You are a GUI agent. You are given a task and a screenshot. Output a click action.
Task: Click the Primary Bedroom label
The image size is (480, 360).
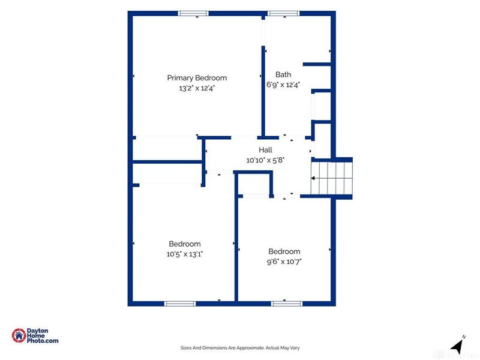(x=197, y=78)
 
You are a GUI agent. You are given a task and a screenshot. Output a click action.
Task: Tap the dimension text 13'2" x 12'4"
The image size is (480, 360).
(x=197, y=88)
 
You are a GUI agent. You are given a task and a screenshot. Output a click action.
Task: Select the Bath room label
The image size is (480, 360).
(x=283, y=74)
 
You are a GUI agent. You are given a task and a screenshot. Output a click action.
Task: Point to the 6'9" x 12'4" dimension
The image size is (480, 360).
(x=283, y=85)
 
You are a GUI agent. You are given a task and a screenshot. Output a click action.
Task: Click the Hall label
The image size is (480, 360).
(x=265, y=149)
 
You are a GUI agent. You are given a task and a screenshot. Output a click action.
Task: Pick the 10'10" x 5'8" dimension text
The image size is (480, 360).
(x=265, y=160)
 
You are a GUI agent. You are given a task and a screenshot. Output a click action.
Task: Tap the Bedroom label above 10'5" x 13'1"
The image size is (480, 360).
(x=185, y=244)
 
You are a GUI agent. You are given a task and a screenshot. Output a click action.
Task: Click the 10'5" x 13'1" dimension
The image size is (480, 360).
(x=185, y=254)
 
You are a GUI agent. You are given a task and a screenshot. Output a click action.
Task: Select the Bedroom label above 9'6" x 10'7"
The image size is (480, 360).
(x=284, y=251)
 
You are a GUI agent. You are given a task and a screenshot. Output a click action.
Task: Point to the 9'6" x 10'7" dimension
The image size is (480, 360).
(x=284, y=262)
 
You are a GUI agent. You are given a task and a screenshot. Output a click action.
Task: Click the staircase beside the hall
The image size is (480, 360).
(x=332, y=178)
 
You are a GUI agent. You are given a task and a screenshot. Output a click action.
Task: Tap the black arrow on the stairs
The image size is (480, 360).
(x=313, y=178)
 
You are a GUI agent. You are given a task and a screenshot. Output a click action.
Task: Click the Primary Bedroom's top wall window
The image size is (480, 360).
(x=193, y=13)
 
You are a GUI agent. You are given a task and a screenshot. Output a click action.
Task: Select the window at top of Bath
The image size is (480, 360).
(x=283, y=13)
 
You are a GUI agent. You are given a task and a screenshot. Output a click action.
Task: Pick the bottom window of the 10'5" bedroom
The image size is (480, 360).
(x=180, y=304)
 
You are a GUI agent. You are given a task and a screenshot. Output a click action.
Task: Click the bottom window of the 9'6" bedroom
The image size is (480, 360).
(x=287, y=304)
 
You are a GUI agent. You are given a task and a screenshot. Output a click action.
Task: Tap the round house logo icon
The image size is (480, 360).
(x=19, y=335)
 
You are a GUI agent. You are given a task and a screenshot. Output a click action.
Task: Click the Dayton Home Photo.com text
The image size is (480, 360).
(x=43, y=335)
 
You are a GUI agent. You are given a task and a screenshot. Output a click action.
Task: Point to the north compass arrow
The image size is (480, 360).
(x=457, y=346)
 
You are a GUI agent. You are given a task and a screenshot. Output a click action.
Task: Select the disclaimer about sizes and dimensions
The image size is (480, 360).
(x=240, y=348)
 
